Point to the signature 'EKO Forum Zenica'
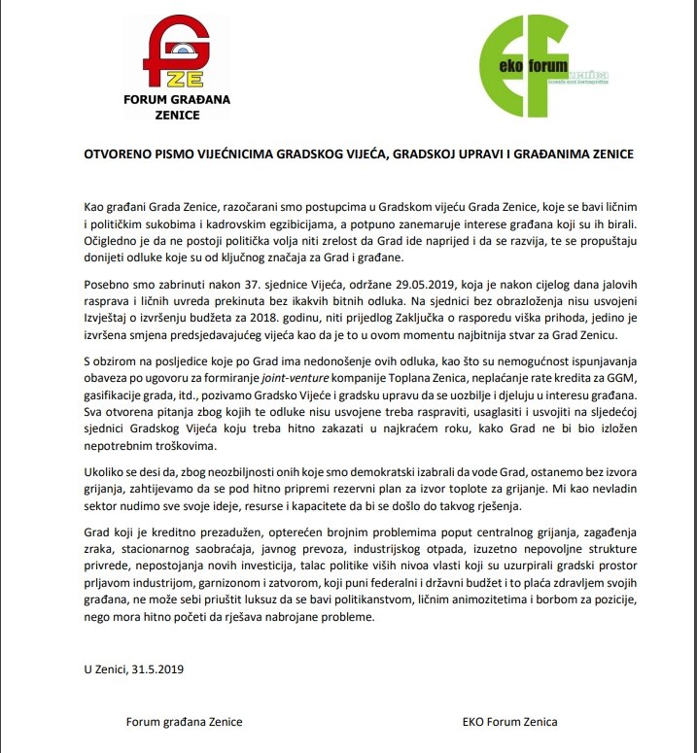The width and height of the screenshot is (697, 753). click(x=510, y=722)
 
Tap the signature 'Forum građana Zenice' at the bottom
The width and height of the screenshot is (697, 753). click(x=184, y=722)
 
